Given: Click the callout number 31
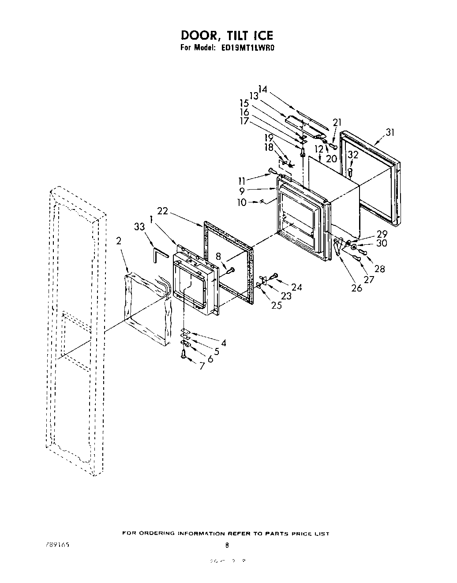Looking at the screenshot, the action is pyautogui.click(x=390, y=132).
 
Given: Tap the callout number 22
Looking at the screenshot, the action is pyautogui.click(x=162, y=211).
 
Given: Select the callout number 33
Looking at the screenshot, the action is pyautogui.click(x=139, y=227).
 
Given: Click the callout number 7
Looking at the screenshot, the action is pyautogui.click(x=202, y=366).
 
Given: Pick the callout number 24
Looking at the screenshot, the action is pyautogui.click(x=297, y=288).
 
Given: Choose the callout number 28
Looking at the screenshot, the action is pyautogui.click(x=379, y=269).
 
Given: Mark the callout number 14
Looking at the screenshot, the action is pyautogui.click(x=263, y=89).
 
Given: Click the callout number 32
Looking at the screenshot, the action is pyautogui.click(x=352, y=154).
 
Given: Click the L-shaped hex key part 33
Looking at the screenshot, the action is pyautogui.click(x=160, y=254).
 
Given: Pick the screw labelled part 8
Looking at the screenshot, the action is pyautogui.click(x=230, y=270).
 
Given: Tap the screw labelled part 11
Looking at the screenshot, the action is pyautogui.click(x=271, y=170).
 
